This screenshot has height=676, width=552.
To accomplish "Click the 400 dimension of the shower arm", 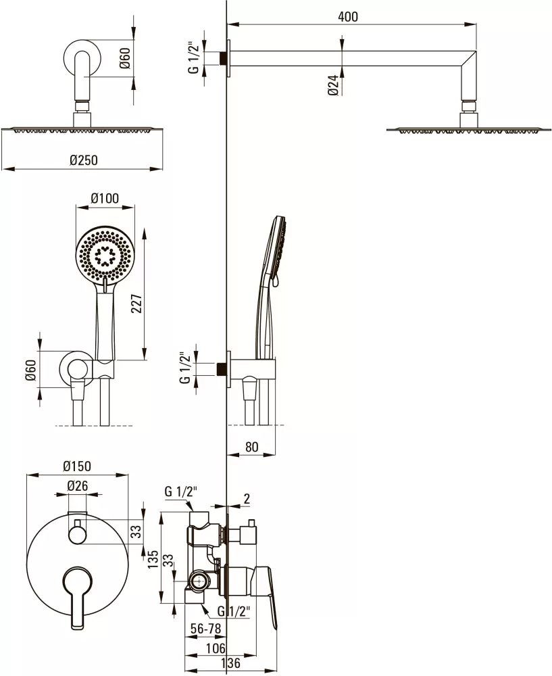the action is pos(348,16).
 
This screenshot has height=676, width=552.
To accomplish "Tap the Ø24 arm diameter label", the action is pos(333,84).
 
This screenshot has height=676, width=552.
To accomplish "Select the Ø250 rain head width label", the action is pos(84,160).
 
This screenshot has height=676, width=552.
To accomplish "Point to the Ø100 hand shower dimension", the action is pos(105,198).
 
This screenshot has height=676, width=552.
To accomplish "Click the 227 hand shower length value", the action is pos(136,306).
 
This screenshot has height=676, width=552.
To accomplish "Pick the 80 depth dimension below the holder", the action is pos(251,447).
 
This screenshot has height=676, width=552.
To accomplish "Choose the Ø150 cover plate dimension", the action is pos(77,466).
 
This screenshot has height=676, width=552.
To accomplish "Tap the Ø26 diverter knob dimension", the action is pos(78,486).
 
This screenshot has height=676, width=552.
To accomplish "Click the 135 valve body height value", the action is pos(153,559).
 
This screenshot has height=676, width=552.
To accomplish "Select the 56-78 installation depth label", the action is pos(206,629).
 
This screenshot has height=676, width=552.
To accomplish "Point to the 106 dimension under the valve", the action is pos(215,648).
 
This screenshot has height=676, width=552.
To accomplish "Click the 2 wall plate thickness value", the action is pos(247,499).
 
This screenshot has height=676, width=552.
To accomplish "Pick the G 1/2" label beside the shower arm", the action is pos(195,57).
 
